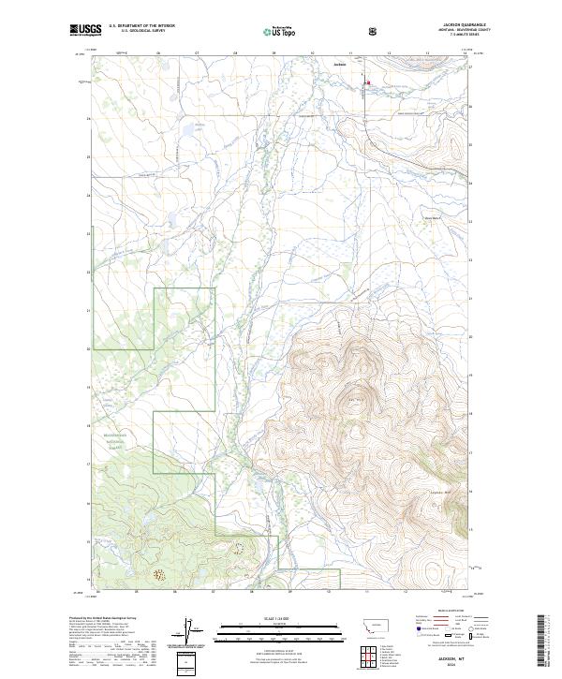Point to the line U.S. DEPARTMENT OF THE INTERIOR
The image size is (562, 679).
pos(141,25)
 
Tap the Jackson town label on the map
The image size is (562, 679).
pos(339,65)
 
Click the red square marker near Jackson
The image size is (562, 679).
pos(368,82)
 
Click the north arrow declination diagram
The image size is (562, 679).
pos(185,631)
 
